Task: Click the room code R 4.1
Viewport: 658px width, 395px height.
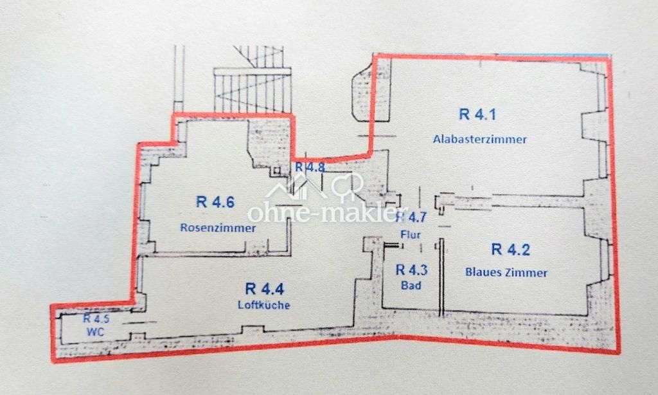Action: coord(477,115)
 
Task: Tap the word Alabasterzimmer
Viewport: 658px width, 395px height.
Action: coord(479,139)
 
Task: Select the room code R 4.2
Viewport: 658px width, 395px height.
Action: coord(511,249)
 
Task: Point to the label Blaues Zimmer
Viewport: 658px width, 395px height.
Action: coord(506,272)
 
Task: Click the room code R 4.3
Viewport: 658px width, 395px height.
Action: coord(412,270)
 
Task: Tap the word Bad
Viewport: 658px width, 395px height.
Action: coord(411,286)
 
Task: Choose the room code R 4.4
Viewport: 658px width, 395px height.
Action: coord(265,289)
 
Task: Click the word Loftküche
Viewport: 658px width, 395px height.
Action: coord(264,305)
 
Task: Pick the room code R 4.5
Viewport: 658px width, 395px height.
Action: coord(96,318)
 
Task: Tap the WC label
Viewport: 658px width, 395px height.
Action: coord(95,332)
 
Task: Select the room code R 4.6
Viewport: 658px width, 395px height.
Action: coord(215,202)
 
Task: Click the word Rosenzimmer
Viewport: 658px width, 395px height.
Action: coord(218,228)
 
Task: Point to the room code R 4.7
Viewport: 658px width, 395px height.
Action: coord(412,217)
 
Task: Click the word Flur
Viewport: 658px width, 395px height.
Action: coord(411,234)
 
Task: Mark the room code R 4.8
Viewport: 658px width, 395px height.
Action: coord(310,167)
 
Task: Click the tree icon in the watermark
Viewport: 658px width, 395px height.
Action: coord(348,186)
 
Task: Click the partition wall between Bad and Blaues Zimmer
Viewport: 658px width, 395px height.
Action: coord(441,277)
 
